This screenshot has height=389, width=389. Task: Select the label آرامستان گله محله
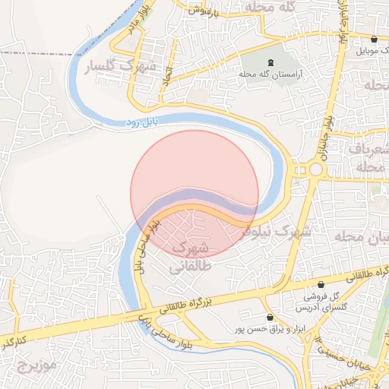click(x=272, y=74)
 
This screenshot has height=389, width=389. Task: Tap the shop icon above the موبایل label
click(x=373, y=39)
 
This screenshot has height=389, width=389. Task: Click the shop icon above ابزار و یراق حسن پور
click(x=269, y=317)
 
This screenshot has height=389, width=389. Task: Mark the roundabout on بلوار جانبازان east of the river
click(x=315, y=169)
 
